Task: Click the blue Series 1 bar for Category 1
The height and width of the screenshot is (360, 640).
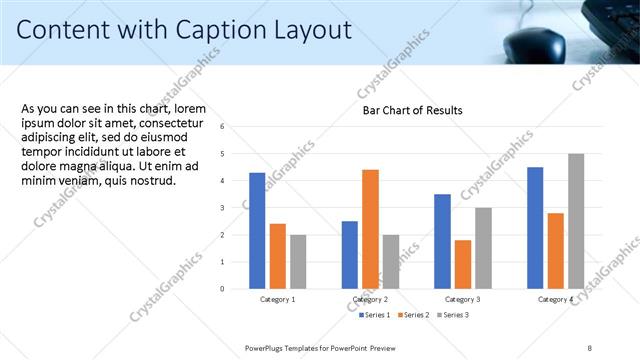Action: pyautogui.click(x=257, y=230)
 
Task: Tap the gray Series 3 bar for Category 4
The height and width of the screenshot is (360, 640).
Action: pyautogui.click(x=575, y=221)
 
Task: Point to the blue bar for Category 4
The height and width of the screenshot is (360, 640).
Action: pyautogui.click(x=535, y=227)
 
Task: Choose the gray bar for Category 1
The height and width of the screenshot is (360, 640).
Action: pyautogui.click(x=297, y=261)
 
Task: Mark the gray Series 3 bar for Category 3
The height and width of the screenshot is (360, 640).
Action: pyautogui.click(x=482, y=248)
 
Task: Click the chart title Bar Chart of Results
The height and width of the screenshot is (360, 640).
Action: pyautogui.click(x=412, y=110)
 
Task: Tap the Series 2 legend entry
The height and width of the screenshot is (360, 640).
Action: pyautogui.click(x=415, y=315)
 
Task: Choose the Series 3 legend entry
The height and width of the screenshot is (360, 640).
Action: pyautogui.click(x=452, y=315)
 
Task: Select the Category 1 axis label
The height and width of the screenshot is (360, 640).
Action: pyautogui.click(x=277, y=300)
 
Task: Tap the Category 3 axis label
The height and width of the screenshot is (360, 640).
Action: pyautogui.click(x=463, y=300)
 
